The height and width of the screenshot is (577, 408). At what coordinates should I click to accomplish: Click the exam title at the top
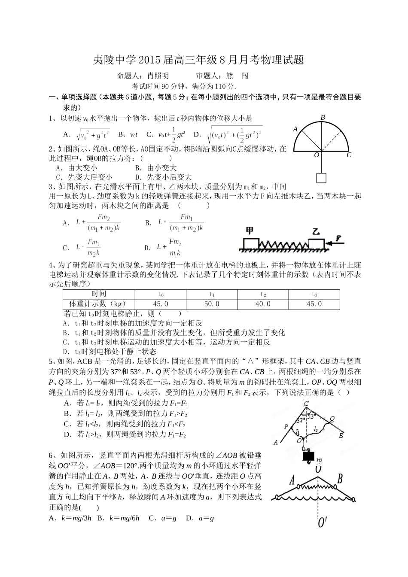pos(198,60)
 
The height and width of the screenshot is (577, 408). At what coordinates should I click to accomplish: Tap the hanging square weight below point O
pos(321,178)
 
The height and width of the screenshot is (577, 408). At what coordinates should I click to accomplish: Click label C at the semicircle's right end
pos(349,155)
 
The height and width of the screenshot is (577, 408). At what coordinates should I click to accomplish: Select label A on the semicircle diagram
pos(295,129)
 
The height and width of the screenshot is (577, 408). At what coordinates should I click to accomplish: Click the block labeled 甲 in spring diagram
pos(249,243)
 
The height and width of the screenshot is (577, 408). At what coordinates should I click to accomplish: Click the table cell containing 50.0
pos(211,304)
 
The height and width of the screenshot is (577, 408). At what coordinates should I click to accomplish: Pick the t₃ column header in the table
pos(314,295)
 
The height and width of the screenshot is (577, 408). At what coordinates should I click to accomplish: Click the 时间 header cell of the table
pos(99,294)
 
